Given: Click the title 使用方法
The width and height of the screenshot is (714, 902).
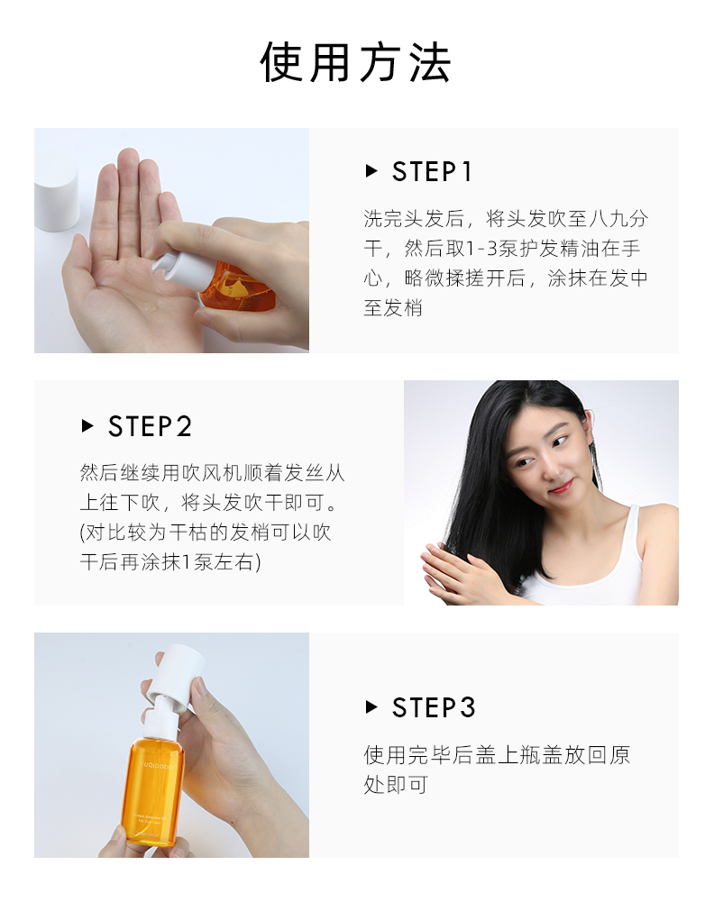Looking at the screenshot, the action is pyautogui.click(x=355, y=62).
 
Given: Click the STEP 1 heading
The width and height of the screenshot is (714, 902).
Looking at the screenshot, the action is pyautogui.click(x=432, y=171).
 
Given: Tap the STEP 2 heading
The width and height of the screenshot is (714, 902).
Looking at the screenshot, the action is pyautogui.click(x=150, y=426).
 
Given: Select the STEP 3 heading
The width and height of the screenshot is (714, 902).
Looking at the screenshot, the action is pyautogui.click(x=434, y=707).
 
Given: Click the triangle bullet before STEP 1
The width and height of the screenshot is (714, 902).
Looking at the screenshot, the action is pyautogui.click(x=371, y=171).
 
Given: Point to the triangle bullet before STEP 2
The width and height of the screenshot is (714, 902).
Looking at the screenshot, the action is pyautogui.click(x=87, y=425).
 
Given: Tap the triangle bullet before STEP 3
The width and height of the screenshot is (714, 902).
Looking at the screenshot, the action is pyautogui.click(x=371, y=706).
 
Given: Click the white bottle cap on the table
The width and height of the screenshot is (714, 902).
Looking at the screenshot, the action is pyautogui.click(x=56, y=190).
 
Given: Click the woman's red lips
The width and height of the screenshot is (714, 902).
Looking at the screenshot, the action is pyautogui.click(x=561, y=487).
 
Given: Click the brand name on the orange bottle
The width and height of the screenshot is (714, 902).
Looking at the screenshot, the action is pyautogui.click(x=156, y=767).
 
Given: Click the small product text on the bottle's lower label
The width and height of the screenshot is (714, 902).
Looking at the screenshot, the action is pyautogui.click(x=151, y=818).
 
